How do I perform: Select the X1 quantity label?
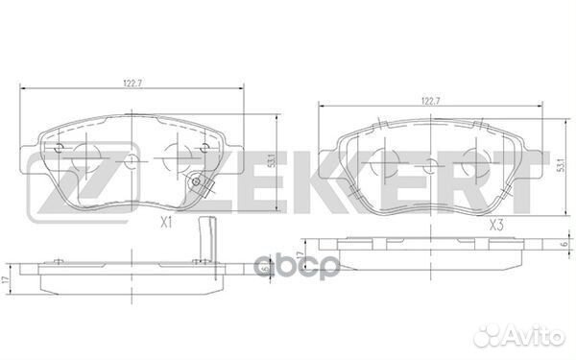[x=164, y=224]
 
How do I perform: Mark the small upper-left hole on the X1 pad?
[x=60, y=147]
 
